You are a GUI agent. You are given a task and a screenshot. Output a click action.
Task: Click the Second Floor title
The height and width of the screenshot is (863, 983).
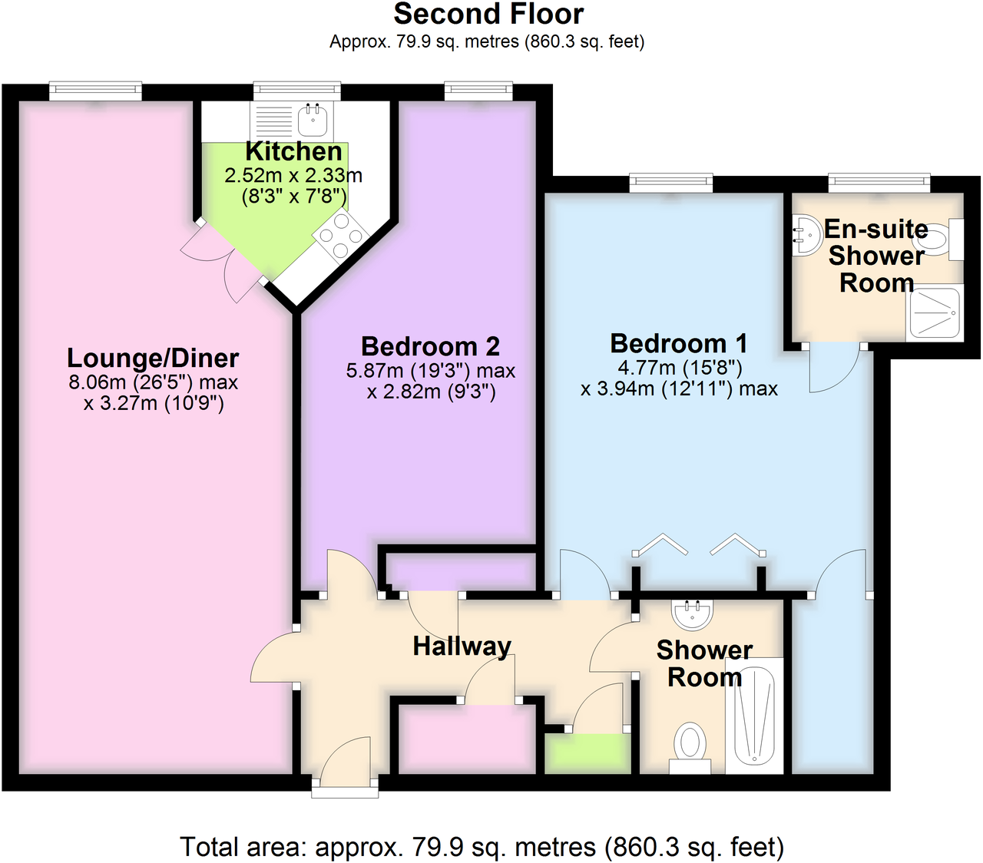[488, 15]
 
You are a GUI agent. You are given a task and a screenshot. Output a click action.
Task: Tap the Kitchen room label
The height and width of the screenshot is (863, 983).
[293, 151]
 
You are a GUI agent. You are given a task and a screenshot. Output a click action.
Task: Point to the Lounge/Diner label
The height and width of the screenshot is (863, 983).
[153, 358]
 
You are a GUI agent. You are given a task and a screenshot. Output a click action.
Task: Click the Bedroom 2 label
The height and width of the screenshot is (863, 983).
[430, 346]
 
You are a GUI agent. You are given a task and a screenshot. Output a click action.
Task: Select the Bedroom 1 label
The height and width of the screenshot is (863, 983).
[678, 343]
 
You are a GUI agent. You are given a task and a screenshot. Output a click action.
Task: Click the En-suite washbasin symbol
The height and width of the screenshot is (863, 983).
[805, 235]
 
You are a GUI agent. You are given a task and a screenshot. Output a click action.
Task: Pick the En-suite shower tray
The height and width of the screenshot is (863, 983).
[935, 313]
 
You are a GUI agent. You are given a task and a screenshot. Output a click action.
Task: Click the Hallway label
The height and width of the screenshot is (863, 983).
[462, 646]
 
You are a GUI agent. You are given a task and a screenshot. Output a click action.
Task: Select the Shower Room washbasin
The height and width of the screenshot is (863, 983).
[693, 613]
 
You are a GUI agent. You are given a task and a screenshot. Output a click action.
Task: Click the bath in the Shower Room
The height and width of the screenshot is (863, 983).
[754, 716]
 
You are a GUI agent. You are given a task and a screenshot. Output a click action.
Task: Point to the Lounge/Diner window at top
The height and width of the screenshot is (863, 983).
[96, 91]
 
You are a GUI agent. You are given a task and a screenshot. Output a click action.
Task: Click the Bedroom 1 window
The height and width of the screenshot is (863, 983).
[670, 183]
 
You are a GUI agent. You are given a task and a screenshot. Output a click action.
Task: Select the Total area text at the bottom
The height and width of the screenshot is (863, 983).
[482, 847]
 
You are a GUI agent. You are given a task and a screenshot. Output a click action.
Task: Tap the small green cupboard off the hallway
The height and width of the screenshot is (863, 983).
[587, 753]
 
